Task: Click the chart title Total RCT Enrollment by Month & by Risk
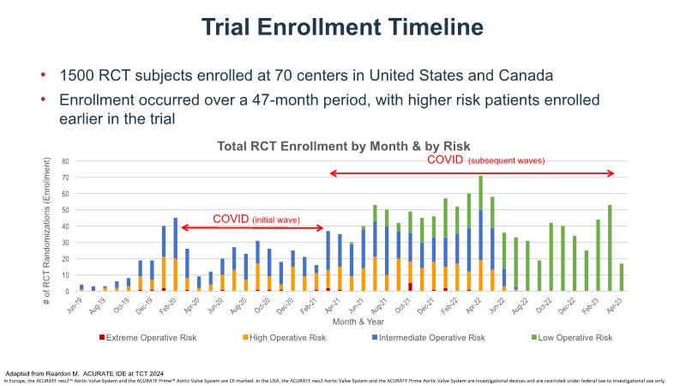pos(343,146)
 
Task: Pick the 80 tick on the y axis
pos(64,161)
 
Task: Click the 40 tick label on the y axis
pos(64,226)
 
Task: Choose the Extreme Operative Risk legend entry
pos(151,338)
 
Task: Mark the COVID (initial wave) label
pos(256,220)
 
